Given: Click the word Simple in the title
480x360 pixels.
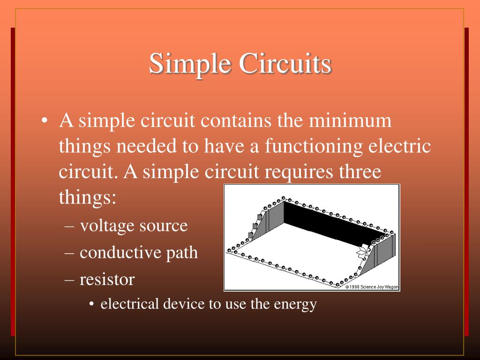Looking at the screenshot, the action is [190, 64].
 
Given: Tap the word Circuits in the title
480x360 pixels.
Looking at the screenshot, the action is [285, 63].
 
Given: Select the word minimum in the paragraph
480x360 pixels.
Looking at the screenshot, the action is [350, 120].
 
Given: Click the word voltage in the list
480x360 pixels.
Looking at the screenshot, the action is [107, 226].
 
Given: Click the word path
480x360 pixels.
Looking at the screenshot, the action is [182, 253].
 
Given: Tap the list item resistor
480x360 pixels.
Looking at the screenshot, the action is [107, 279].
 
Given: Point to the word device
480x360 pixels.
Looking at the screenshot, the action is [184, 304].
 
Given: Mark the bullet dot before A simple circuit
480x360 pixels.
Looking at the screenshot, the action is [45, 120].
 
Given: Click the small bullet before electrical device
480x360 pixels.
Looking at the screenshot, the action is [91, 304].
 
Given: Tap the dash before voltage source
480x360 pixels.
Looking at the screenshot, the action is [69, 227].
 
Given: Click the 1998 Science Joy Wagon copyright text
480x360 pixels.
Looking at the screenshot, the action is [372, 287].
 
